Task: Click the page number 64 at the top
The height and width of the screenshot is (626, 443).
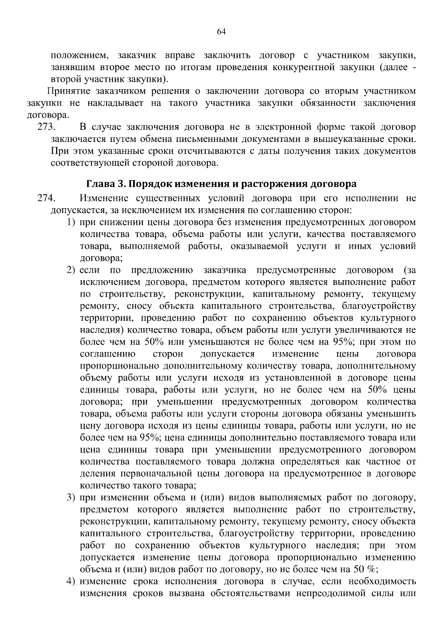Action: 221,32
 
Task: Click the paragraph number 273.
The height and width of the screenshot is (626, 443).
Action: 46,128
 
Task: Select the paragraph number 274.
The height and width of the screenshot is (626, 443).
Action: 46,199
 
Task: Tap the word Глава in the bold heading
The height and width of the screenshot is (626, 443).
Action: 99,184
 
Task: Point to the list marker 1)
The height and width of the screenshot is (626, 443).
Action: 71,223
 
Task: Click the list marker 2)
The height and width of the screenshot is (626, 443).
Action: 71,270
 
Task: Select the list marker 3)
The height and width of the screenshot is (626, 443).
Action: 71,498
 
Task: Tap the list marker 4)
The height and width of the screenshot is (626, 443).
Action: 71,581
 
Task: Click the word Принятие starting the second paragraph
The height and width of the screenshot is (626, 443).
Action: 69,91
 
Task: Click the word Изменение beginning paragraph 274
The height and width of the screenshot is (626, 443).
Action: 105,199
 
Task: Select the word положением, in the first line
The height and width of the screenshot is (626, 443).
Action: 80,56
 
